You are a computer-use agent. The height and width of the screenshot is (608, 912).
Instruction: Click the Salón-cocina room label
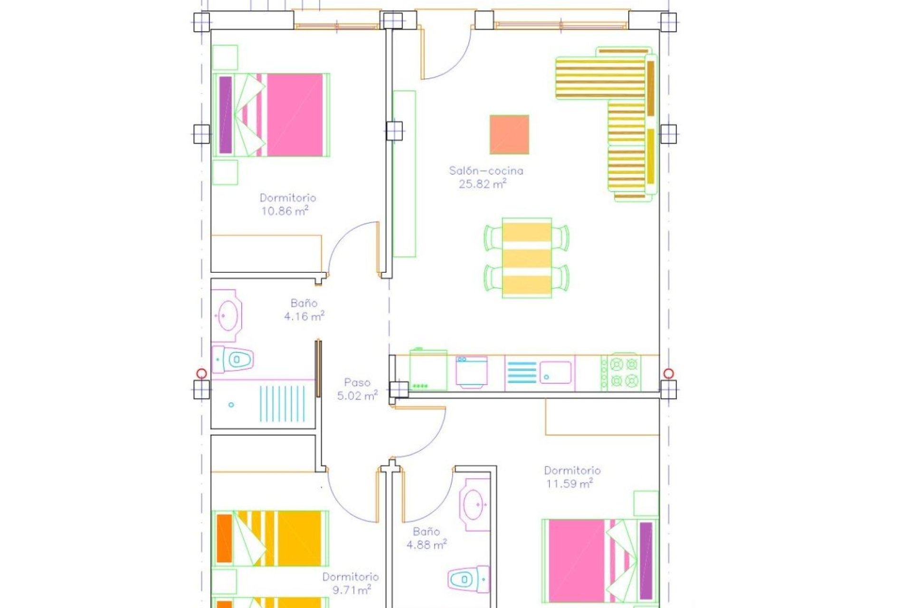[x=486, y=171]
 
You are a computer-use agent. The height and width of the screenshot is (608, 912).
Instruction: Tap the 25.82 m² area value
[x=482, y=184]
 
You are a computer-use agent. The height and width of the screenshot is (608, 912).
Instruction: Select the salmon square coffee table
[x=509, y=134]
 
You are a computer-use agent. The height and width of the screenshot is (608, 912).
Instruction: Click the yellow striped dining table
[x=526, y=258]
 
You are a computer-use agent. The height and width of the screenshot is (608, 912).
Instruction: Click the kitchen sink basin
[x=555, y=372]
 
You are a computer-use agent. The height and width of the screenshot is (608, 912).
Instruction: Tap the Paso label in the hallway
[x=357, y=382]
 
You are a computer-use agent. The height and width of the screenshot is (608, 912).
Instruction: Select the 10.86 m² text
[x=285, y=211]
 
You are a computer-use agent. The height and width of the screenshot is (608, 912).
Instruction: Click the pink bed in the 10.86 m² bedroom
[x=294, y=115]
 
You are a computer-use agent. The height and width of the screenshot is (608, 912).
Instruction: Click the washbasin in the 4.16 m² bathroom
[x=227, y=315]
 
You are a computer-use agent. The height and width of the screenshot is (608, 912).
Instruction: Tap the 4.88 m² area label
[x=426, y=545]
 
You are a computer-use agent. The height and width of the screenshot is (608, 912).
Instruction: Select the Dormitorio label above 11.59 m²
[x=572, y=471]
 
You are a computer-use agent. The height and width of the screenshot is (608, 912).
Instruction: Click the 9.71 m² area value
[x=351, y=590]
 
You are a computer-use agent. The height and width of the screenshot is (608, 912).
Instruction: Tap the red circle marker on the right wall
[x=669, y=373]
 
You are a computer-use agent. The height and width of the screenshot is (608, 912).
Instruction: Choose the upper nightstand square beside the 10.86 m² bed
[x=225, y=57]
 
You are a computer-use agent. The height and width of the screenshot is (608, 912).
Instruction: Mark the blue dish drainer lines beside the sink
[x=522, y=372]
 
